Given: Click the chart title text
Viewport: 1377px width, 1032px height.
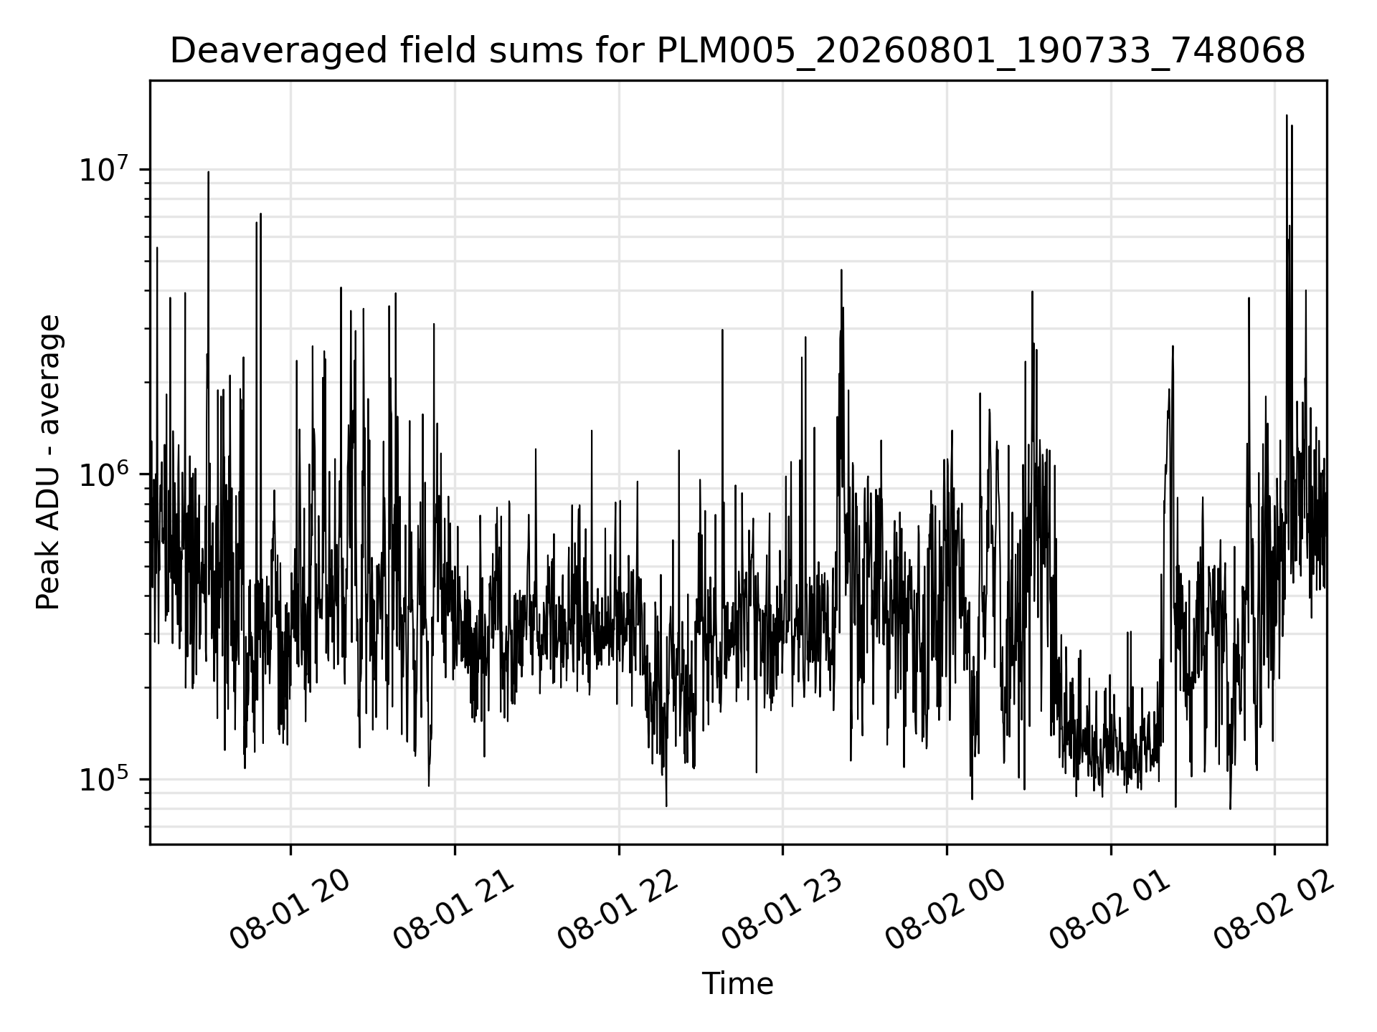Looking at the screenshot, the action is [x=737, y=52].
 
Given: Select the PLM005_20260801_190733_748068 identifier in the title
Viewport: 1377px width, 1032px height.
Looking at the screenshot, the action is [x=981, y=52].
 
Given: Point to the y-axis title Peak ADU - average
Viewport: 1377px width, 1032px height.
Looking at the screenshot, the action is [x=48, y=463].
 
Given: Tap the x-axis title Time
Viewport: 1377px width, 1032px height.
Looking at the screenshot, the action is [x=737, y=984].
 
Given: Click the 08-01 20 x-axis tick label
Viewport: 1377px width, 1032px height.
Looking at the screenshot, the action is [x=290, y=910].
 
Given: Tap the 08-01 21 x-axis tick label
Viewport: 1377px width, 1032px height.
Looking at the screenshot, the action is [x=454, y=910].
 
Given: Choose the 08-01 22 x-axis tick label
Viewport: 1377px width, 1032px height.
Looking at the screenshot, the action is [x=617, y=910].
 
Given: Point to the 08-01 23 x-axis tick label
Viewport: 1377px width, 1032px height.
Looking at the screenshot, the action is [x=782, y=910].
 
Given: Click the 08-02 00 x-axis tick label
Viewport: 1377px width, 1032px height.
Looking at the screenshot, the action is [x=945, y=910].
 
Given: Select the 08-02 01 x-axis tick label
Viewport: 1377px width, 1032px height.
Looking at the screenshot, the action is [x=1109, y=910].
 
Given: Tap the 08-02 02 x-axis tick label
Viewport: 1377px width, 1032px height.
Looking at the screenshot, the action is [x=1274, y=910].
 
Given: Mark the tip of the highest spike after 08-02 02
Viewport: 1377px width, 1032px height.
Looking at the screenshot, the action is [x=1287, y=115].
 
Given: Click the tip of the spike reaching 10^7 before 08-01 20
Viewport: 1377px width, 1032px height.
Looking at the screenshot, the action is [x=208, y=172].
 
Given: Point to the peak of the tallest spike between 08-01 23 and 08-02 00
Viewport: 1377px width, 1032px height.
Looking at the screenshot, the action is [x=841, y=270].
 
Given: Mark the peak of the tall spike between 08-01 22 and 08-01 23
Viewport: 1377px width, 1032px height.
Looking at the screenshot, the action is [x=722, y=330].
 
